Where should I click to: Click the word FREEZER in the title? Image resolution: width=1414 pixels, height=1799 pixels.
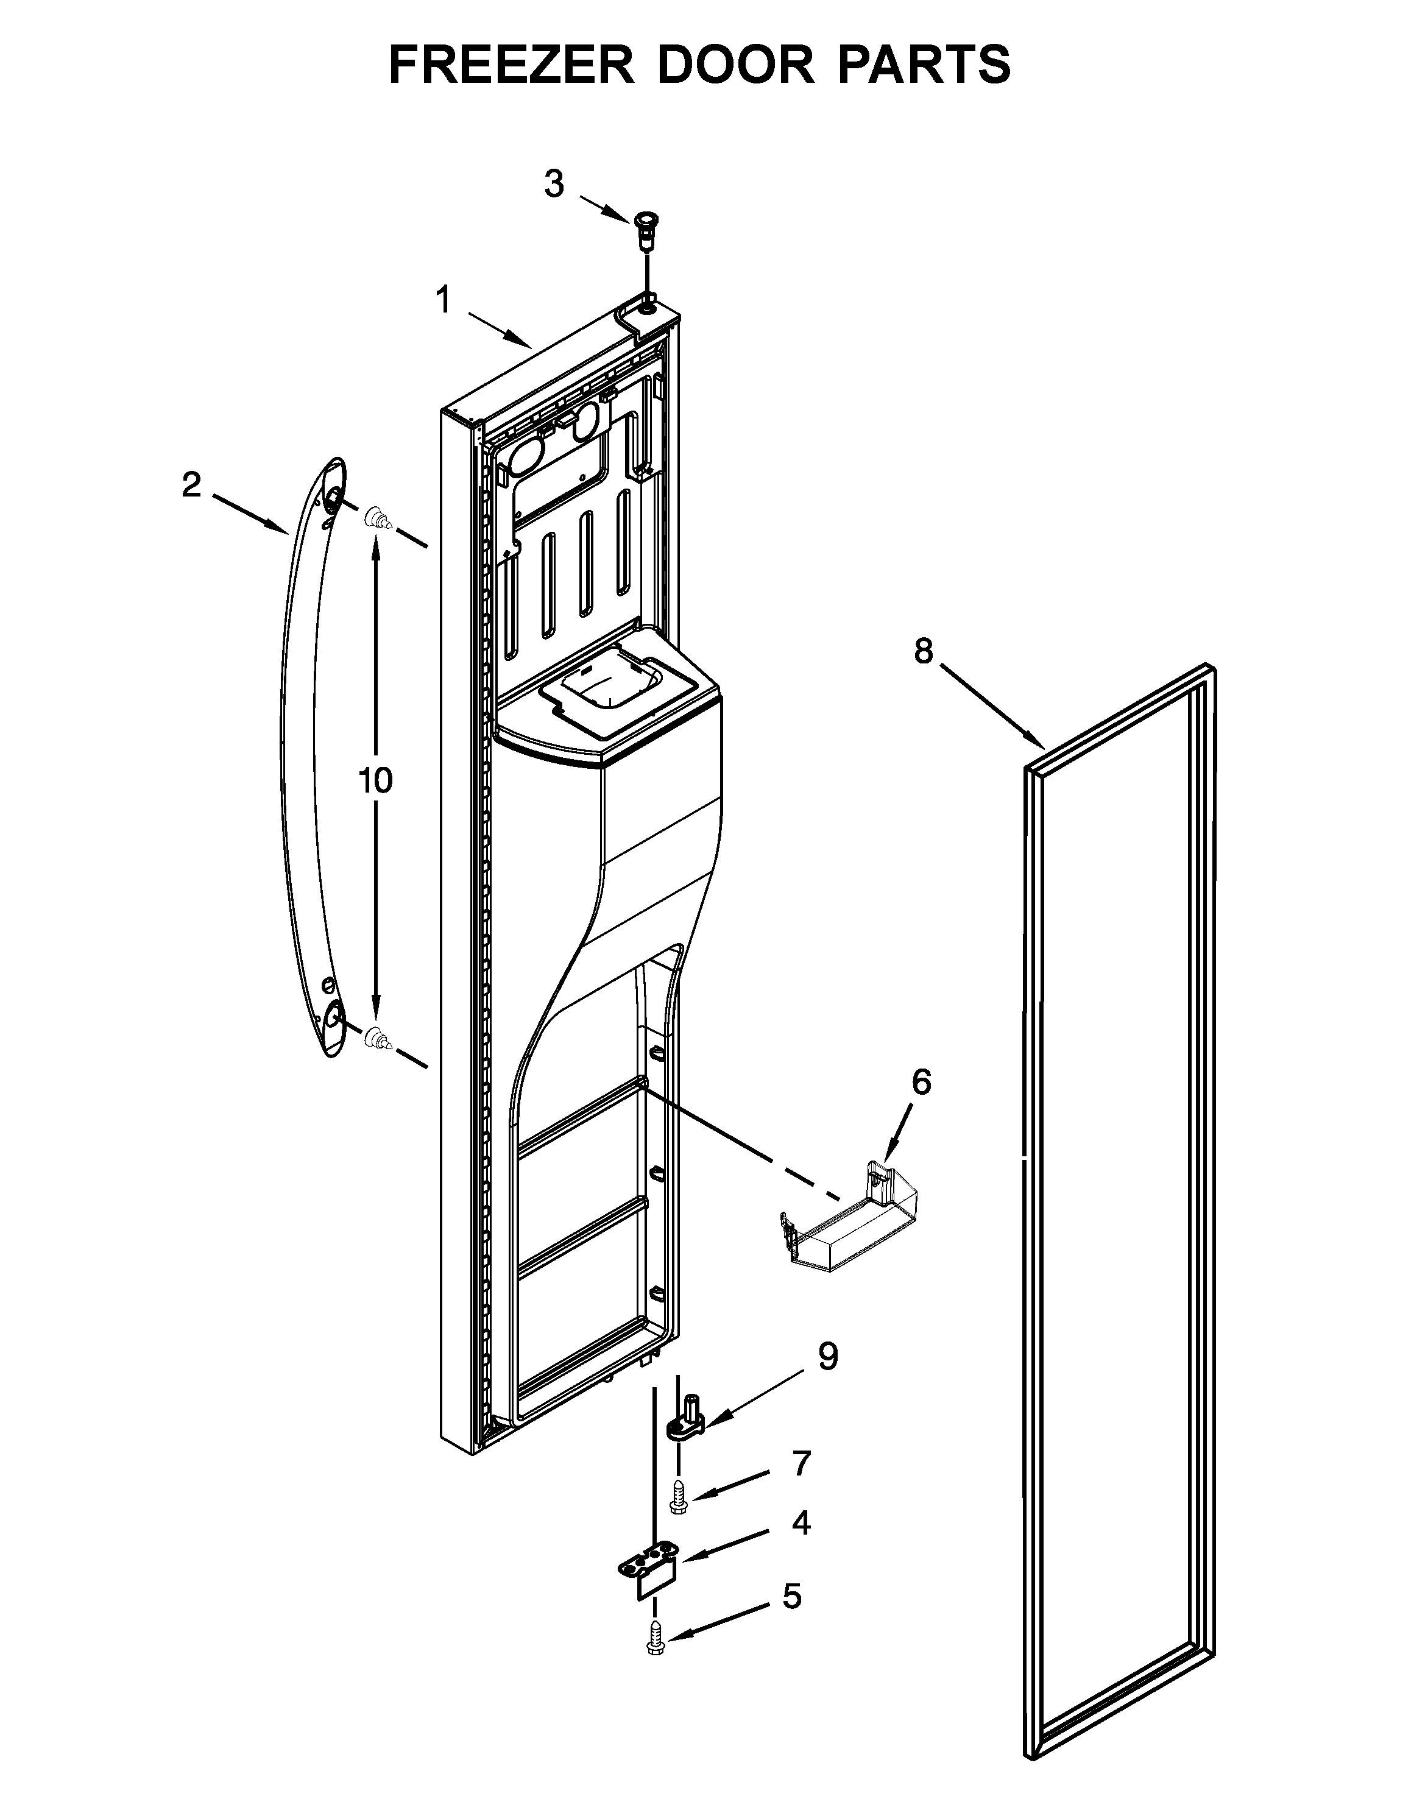pyautogui.click(x=512, y=65)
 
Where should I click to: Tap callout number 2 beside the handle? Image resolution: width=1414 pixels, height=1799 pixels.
pyautogui.click(x=191, y=485)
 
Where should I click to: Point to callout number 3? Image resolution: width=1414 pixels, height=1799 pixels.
pyautogui.click(x=554, y=184)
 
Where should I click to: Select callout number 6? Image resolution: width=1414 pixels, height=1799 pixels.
pyautogui.click(x=921, y=1082)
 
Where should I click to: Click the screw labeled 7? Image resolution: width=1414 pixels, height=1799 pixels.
pyautogui.click(x=678, y=1497)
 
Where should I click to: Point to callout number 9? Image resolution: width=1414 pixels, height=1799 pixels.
pyautogui.click(x=827, y=1357)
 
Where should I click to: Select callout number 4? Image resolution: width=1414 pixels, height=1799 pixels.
pyautogui.click(x=801, y=1523)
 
